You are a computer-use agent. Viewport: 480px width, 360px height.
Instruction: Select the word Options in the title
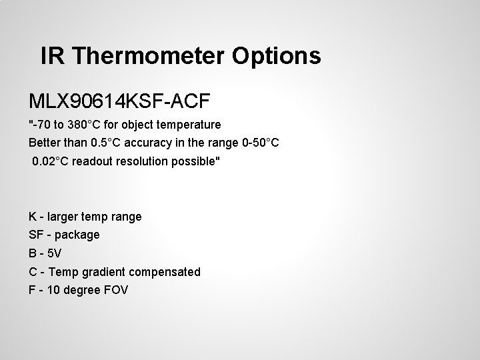[x=277, y=56]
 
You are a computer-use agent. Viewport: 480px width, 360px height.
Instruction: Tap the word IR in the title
[x=53, y=56]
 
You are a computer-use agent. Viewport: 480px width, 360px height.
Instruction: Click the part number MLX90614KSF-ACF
[x=119, y=101]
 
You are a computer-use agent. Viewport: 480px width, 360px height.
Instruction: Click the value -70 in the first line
[x=42, y=125]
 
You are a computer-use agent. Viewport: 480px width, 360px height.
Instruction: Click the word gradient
[x=101, y=272]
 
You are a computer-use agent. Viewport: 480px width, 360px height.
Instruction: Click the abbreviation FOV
[x=115, y=290]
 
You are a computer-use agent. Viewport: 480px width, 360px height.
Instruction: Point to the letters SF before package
[x=36, y=235]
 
